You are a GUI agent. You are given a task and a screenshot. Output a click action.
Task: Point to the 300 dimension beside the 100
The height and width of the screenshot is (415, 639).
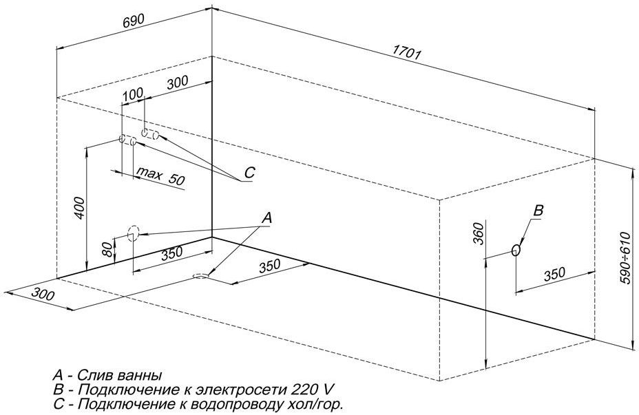(x=177, y=83)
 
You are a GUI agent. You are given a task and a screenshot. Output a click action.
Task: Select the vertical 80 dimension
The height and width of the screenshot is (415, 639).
(x=107, y=249)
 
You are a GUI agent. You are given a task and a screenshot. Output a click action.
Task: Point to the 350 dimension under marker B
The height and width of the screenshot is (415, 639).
(x=555, y=273)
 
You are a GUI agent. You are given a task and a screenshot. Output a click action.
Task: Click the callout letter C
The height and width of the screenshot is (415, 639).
(x=249, y=173)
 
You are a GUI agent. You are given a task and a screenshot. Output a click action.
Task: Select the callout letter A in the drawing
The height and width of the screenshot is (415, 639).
(x=267, y=217)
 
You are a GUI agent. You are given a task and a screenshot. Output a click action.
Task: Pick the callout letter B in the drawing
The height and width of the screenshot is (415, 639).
(x=539, y=211)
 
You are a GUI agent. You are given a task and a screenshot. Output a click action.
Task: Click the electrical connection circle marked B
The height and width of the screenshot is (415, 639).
(x=516, y=251)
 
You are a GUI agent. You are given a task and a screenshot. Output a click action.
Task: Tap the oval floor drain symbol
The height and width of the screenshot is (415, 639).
(x=200, y=276)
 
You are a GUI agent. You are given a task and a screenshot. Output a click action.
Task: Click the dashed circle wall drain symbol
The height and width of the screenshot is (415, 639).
(x=133, y=233)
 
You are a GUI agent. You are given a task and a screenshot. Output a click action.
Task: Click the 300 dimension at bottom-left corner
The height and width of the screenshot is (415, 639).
(x=43, y=295)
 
